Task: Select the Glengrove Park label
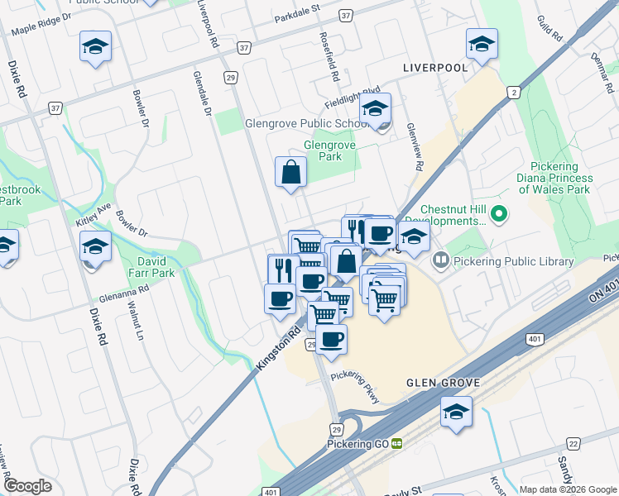(329, 150)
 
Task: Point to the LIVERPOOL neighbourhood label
(434, 67)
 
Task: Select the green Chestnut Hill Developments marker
(498, 215)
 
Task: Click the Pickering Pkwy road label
(357, 386)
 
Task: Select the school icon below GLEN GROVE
(456, 413)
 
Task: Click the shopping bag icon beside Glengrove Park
(291, 174)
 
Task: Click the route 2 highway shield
(515, 93)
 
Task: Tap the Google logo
(27, 486)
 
